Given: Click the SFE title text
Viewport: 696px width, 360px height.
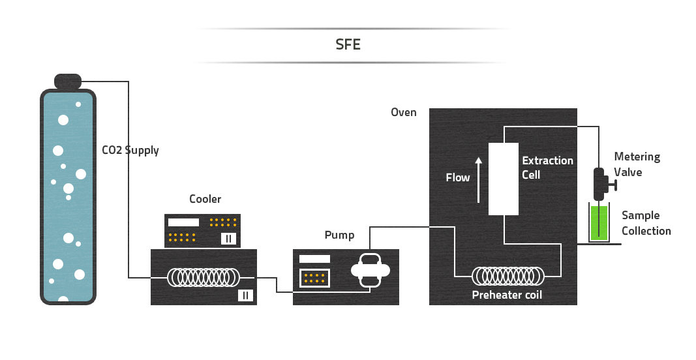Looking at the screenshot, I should point(348,45).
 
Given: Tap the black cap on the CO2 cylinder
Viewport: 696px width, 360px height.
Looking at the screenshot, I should point(68,81).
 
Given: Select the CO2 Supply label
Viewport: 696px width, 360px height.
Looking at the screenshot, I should point(130,150).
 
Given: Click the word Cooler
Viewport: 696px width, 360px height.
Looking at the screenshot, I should point(205,199).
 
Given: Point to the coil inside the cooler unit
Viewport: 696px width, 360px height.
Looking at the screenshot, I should point(203,277).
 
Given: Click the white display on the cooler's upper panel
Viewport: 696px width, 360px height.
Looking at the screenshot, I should point(183,222).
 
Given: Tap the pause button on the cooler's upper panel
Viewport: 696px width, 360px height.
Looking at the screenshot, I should point(228,238).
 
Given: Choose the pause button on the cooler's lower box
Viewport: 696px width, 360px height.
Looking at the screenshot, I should point(245,295).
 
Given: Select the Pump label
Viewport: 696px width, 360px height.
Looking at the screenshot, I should point(339,235).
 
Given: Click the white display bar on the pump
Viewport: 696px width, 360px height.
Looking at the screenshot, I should point(315,259).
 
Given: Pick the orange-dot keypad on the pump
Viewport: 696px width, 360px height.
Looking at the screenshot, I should point(315,278).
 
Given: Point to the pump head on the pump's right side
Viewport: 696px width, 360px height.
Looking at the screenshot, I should point(371,269).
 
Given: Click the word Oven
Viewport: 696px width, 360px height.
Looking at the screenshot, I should point(403,112).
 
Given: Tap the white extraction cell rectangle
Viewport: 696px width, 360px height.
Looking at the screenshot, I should point(504,178).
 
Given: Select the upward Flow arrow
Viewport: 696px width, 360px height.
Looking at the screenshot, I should point(477,179).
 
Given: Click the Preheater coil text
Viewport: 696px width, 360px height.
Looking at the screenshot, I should point(507,295).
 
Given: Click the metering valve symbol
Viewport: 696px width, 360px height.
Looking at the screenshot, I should point(599,185).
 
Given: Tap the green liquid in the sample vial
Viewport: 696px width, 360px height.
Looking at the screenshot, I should point(599,223).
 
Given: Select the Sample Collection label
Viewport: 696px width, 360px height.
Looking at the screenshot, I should point(646,223).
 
